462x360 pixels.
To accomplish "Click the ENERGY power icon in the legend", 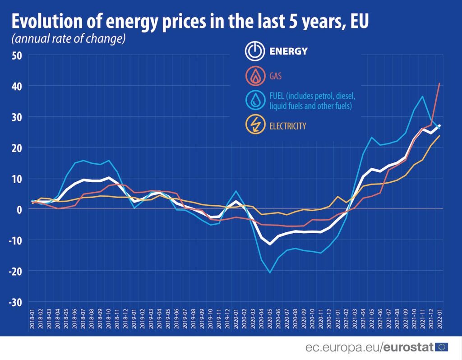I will (x=254, y=51).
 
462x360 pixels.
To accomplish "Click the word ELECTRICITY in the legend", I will (x=287, y=126).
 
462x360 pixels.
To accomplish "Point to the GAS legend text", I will (x=275, y=76).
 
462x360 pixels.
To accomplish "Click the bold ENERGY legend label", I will (x=288, y=51).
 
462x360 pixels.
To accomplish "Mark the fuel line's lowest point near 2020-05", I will (x=270, y=272).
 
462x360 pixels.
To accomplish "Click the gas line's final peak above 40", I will (x=439, y=83).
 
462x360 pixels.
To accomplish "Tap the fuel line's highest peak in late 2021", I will (x=422, y=96).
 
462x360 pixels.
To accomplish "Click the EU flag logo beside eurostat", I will (x=442, y=347).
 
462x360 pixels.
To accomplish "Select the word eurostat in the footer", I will (x=409, y=347).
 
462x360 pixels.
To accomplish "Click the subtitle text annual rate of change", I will (x=68, y=39).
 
